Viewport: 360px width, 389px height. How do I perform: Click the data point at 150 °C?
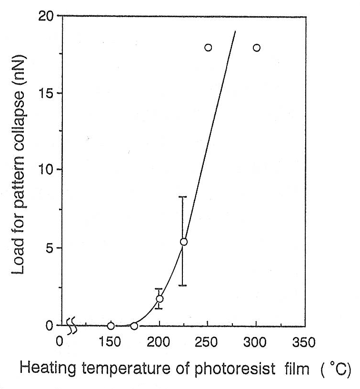tap(111, 326)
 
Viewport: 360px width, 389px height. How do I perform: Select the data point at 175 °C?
tap(134, 326)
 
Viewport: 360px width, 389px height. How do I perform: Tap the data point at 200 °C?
tap(160, 299)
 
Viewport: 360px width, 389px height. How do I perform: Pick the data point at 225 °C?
tap(184, 242)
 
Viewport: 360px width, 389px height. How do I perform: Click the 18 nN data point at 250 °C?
tap(208, 48)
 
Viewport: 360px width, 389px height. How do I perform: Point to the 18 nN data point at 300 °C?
tap(257, 48)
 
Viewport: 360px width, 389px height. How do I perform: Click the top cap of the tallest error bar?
tap(183, 197)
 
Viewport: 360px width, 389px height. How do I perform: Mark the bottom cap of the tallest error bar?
tap(183, 285)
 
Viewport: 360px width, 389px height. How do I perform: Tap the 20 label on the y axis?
tap(46, 16)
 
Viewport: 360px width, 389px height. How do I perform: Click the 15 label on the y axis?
tap(46, 93)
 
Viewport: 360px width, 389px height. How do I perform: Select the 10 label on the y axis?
tap(46, 170)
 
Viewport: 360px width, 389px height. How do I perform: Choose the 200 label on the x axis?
tap(159, 342)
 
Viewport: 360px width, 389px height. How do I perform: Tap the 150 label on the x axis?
tap(110, 342)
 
